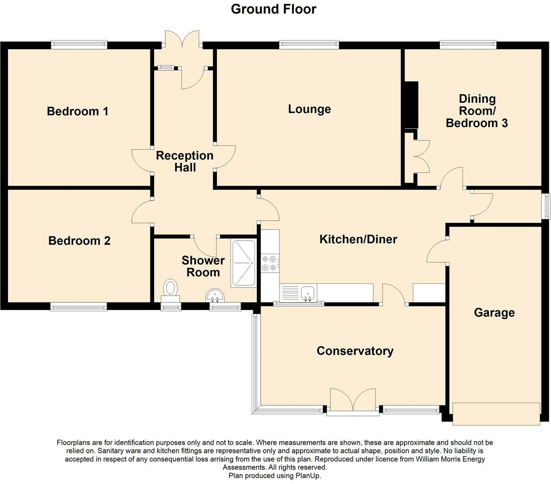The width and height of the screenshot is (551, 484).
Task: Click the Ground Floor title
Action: click(x=273, y=9)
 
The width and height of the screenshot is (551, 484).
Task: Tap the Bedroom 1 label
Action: click(x=78, y=111)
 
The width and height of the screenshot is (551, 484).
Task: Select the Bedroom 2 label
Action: click(x=80, y=241)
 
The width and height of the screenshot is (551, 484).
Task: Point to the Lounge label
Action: click(x=309, y=109)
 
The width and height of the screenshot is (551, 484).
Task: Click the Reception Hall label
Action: click(x=185, y=161)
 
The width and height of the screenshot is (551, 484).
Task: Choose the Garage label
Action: click(x=494, y=313)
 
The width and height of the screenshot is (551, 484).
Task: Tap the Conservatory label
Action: click(x=355, y=351)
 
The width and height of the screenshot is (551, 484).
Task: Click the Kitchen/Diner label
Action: click(x=358, y=239)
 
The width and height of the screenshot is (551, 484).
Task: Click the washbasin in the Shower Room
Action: click(x=215, y=295)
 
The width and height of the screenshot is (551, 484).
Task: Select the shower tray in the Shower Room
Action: click(x=243, y=263)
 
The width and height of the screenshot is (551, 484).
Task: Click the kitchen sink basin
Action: click(x=308, y=292)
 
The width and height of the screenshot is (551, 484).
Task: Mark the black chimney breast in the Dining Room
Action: click(x=411, y=105)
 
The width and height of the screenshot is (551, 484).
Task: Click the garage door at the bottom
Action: click(x=496, y=414)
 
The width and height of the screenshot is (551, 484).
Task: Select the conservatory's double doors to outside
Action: click(x=353, y=402)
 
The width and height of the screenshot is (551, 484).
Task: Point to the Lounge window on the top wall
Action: click(x=309, y=45)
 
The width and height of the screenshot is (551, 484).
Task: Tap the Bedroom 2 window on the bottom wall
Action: click(x=78, y=307)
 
